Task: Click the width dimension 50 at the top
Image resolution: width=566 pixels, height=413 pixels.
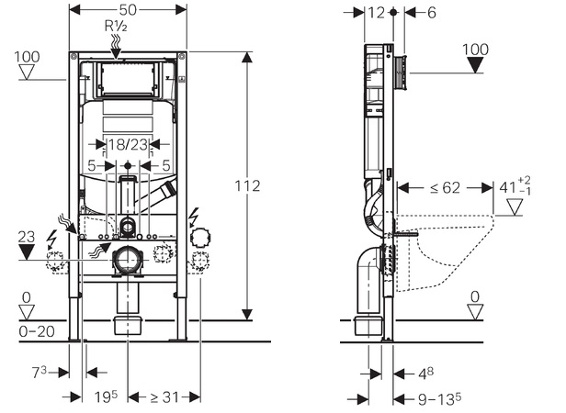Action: [x=129, y=10]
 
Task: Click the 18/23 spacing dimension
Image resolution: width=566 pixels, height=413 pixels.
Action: [x=128, y=145]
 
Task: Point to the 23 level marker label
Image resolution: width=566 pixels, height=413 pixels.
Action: [x=28, y=235]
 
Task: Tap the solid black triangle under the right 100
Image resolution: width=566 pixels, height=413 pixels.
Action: [x=475, y=65]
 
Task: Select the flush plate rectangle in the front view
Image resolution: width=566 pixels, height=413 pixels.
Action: [x=128, y=80]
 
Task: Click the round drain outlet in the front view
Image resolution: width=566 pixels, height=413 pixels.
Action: [x=128, y=262]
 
